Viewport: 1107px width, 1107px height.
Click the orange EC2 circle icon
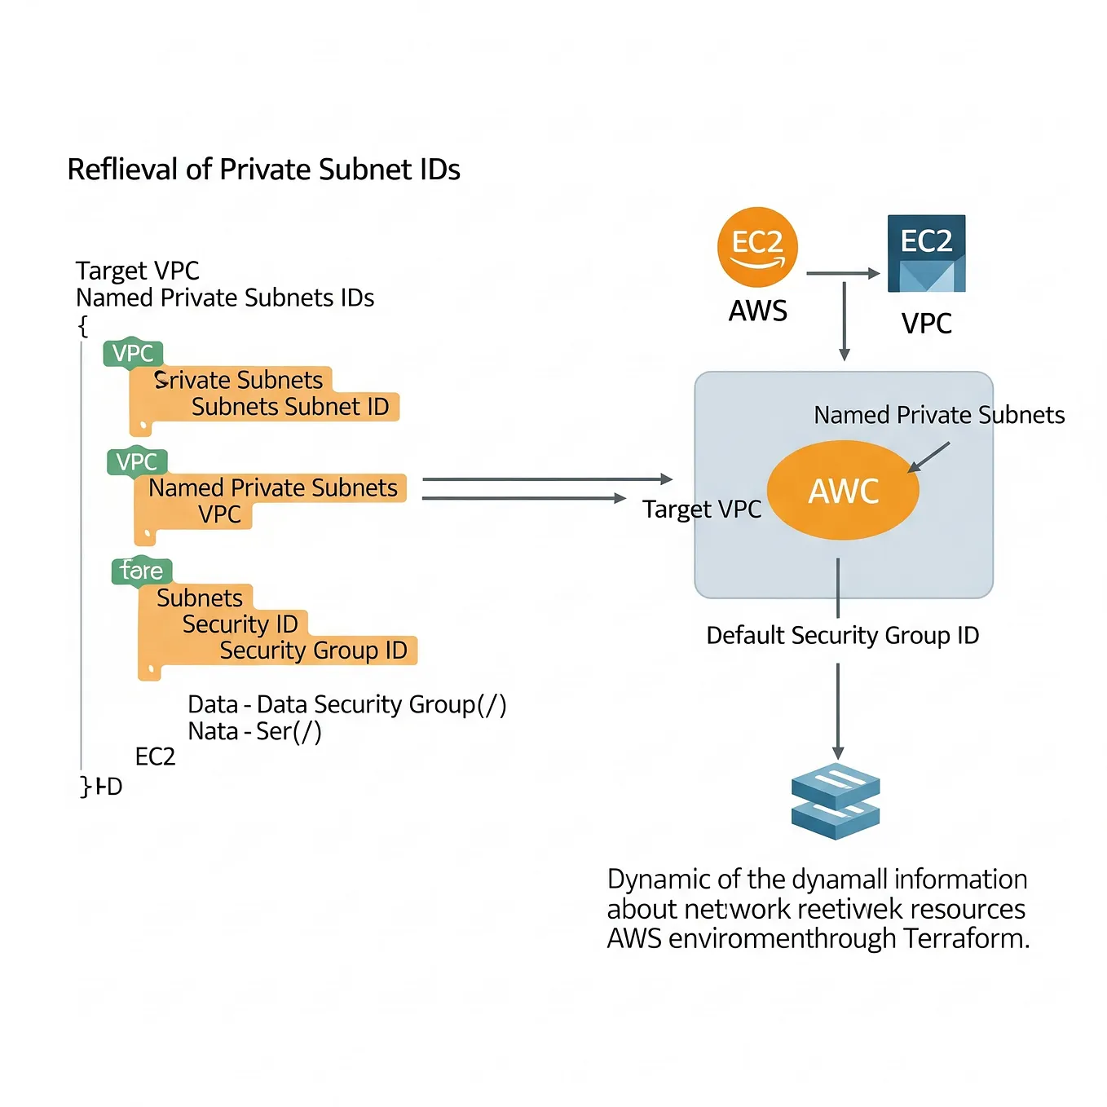click(757, 247)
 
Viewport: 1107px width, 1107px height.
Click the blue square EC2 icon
click(926, 254)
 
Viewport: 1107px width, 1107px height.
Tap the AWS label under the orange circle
click(757, 311)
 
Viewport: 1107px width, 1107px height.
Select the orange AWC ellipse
click(843, 490)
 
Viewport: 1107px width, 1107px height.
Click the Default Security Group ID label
click(842, 635)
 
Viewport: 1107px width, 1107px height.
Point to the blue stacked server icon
click(836, 800)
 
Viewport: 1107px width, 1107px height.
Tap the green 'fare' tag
click(141, 571)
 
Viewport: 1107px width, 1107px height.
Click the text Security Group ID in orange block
click(313, 651)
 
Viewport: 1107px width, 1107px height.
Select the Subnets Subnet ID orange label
click(290, 407)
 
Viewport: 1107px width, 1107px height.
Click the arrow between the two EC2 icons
click(842, 274)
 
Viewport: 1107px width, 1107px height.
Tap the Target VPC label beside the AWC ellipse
click(701, 509)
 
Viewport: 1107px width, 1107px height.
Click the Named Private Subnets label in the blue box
click(939, 415)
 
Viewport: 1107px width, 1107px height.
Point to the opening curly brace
click(82, 326)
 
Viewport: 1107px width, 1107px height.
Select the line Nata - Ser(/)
click(254, 731)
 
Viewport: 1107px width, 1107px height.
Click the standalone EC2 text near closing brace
click(155, 756)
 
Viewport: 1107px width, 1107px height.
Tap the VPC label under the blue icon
click(926, 324)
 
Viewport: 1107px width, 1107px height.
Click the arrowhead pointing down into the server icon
click(837, 752)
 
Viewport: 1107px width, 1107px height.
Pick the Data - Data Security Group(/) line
click(346, 704)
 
